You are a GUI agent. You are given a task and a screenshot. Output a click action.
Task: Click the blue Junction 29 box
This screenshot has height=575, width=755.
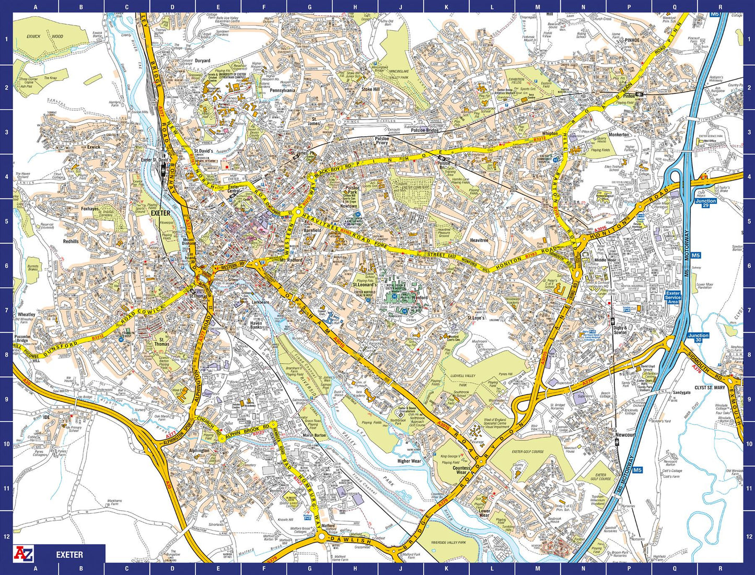pyautogui.click(x=705, y=203)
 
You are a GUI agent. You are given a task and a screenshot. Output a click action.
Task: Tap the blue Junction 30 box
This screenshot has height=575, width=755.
pyautogui.click(x=698, y=338)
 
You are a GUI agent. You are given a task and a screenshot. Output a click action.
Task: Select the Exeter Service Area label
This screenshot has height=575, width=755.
pyautogui.click(x=673, y=298)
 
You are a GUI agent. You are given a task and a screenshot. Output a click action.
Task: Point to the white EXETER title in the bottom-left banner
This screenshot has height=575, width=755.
pyautogui.click(x=69, y=555)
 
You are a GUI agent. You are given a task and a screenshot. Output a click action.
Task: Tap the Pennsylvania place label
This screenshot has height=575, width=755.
pyautogui.click(x=283, y=90)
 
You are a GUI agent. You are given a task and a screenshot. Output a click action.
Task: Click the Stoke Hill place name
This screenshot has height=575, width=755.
pyautogui.click(x=370, y=89)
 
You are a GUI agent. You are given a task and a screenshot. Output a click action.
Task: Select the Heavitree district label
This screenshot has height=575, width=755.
pyautogui.click(x=479, y=240)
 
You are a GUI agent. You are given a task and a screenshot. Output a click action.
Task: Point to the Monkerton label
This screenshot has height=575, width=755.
pyautogui.click(x=619, y=135)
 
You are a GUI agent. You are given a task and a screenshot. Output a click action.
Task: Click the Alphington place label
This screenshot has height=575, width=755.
pyautogui.click(x=199, y=451)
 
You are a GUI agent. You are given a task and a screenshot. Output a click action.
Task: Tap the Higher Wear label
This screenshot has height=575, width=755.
pyautogui.click(x=409, y=461)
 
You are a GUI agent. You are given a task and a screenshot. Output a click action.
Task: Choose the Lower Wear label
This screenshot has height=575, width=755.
pyautogui.click(x=484, y=513)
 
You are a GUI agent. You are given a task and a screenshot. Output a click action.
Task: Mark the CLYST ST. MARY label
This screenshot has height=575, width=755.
pyautogui.click(x=710, y=388)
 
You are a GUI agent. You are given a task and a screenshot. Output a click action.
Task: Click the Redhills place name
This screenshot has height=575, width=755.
pyautogui.click(x=71, y=241)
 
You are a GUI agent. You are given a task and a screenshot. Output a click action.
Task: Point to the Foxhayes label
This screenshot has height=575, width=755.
pyautogui.click(x=89, y=209)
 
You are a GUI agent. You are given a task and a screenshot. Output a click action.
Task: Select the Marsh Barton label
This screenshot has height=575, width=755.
pyautogui.click(x=314, y=435)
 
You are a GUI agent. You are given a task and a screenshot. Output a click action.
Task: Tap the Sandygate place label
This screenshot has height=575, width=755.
pyautogui.click(x=681, y=393)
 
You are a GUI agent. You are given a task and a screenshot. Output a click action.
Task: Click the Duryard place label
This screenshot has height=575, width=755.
pyautogui.click(x=202, y=61)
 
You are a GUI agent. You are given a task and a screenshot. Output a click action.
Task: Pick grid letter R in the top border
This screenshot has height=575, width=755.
pyautogui.click(x=720, y=7)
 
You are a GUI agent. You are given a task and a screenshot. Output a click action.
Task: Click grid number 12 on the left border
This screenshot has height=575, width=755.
pyautogui.click(x=6, y=536)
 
